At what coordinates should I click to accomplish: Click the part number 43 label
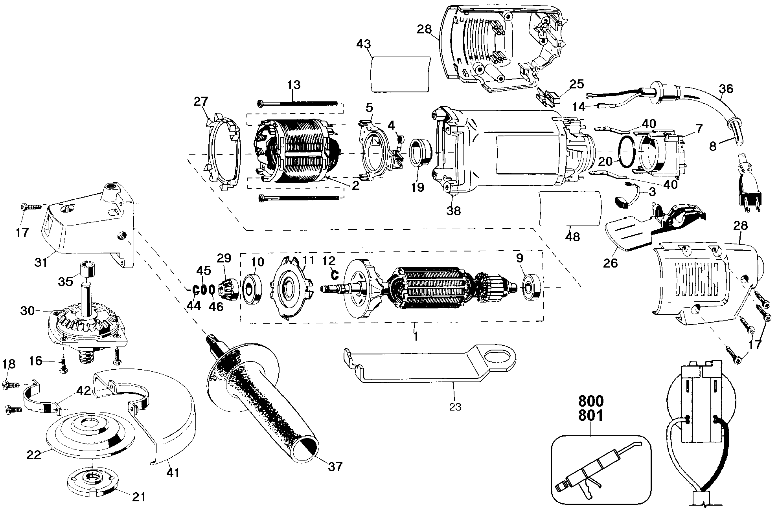pos(363,44)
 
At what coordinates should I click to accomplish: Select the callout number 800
pos(590,402)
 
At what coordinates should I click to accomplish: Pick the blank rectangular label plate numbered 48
pos(570,209)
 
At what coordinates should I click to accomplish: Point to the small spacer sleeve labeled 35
pos(88,268)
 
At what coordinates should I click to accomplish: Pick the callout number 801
pos(590,415)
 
